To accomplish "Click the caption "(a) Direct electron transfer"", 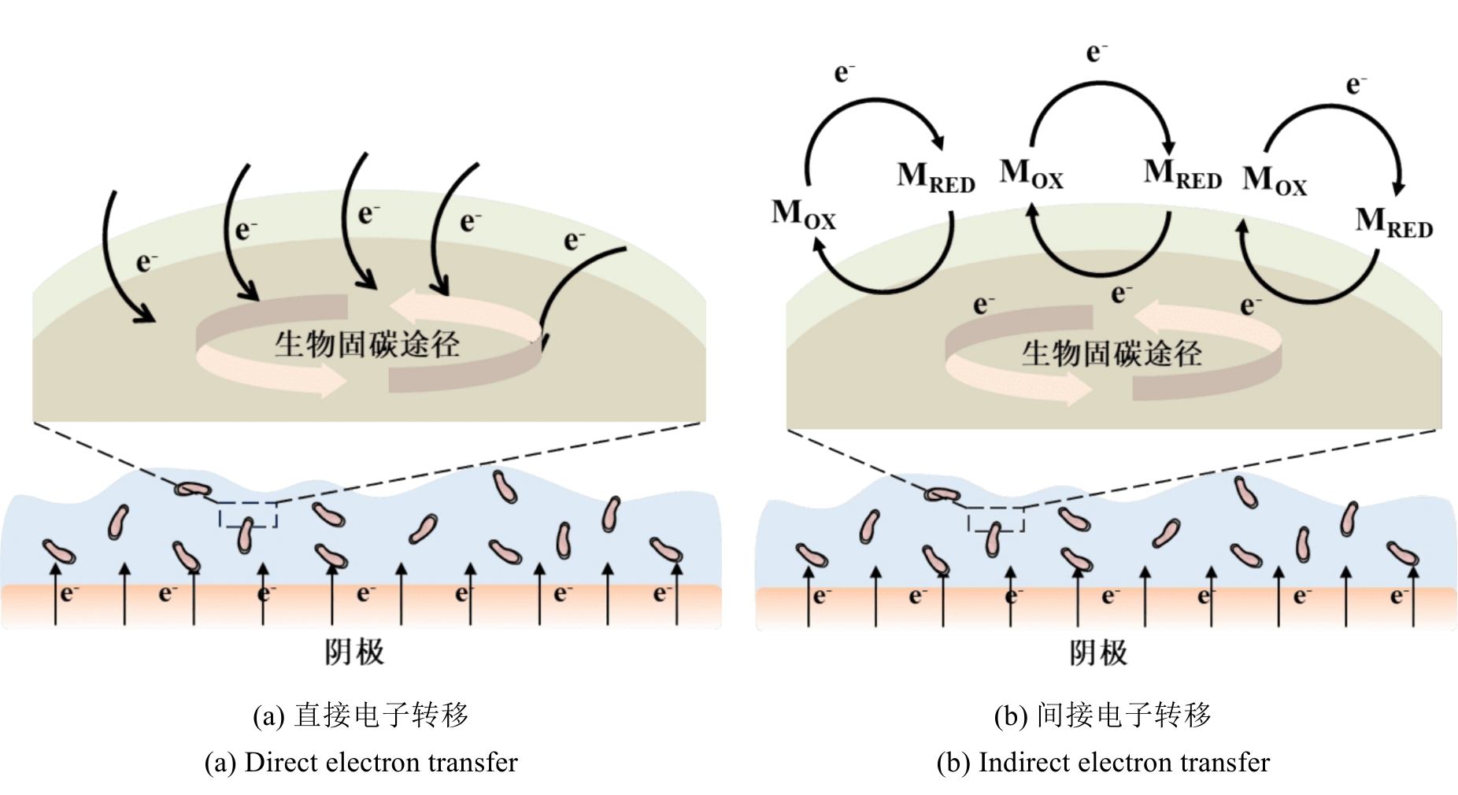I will [361, 762].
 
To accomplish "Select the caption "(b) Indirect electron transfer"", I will [1102, 762].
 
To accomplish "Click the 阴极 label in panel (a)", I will [354, 652].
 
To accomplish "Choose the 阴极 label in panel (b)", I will [1097, 653].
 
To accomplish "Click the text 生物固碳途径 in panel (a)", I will [367, 344].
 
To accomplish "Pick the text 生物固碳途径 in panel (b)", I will [1112, 353].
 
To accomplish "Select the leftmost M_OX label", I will [803, 214].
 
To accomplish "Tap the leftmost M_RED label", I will [935, 177].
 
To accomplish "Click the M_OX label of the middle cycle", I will [1031, 174].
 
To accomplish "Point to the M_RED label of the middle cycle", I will [1182, 174].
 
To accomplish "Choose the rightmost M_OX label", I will [1274, 180].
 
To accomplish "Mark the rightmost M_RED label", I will [1393, 223].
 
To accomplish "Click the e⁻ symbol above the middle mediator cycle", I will [1097, 53].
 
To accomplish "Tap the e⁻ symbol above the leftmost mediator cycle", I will [844, 73].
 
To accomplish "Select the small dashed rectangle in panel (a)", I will [248, 514].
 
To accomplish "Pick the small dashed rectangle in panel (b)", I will [995, 519].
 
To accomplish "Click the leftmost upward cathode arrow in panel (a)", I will [55, 593].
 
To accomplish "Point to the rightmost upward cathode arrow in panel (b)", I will [1413, 595].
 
